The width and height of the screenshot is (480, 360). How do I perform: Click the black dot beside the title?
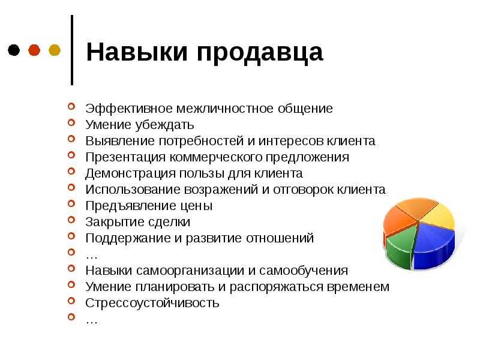[14, 50]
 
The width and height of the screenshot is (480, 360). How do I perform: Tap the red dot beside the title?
[34, 50]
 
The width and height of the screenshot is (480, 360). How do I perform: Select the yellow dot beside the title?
[55, 50]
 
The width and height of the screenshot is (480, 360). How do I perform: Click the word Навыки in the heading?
[137, 52]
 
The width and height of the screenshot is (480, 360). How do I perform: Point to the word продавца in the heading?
[260, 53]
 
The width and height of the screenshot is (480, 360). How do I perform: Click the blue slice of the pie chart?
[434, 245]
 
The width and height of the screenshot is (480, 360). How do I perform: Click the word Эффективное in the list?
[130, 109]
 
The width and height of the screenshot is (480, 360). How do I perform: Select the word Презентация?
[125, 158]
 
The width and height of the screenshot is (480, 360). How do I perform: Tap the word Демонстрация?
[130, 174]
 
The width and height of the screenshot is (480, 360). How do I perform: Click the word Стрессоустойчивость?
[152, 303]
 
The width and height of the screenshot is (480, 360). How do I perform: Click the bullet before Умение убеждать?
[71, 122]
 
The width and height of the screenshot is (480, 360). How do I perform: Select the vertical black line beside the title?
[72, 50]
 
